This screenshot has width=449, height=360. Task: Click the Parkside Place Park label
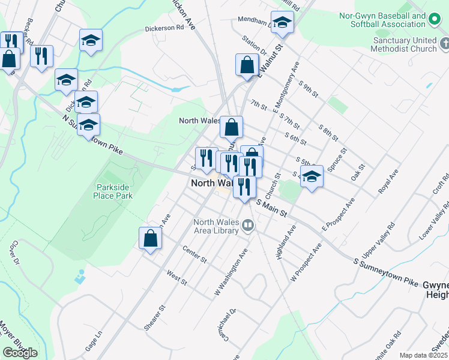(x=114, y=191)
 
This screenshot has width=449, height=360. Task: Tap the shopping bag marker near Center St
(x=150, y=239)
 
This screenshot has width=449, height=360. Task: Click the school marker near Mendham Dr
(x=282, y=23)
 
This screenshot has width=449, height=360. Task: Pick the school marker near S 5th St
(x=312, y=177)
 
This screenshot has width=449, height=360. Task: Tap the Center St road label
(x=194, y=256)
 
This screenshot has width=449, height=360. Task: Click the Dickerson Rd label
(x=164, y=28)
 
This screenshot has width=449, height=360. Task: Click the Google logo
(x=20, y=353)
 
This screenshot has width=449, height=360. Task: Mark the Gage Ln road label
(x=94, y=343)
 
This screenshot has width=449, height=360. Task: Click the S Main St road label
(x=273, y=208)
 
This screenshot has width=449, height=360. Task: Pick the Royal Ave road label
(x=388, y=181)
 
